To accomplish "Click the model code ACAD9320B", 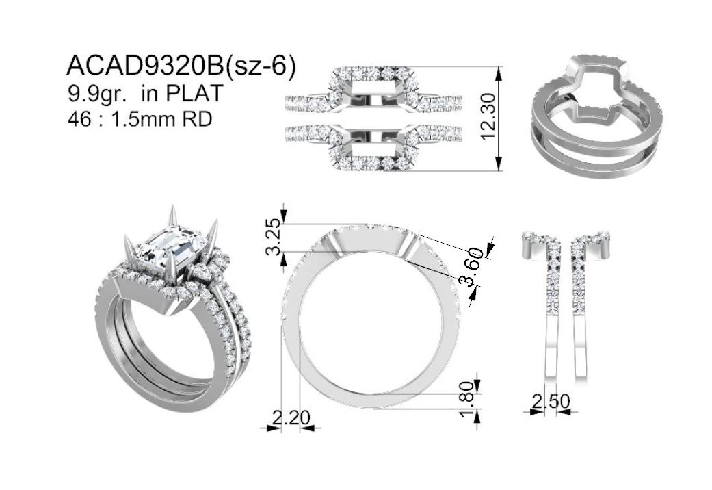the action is (145, 66).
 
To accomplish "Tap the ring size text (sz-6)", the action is (260, 66).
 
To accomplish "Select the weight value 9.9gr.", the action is (96, 94).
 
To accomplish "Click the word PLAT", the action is (194, 92).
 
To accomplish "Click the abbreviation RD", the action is (197, 119).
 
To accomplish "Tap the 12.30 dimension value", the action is (487, 117).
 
